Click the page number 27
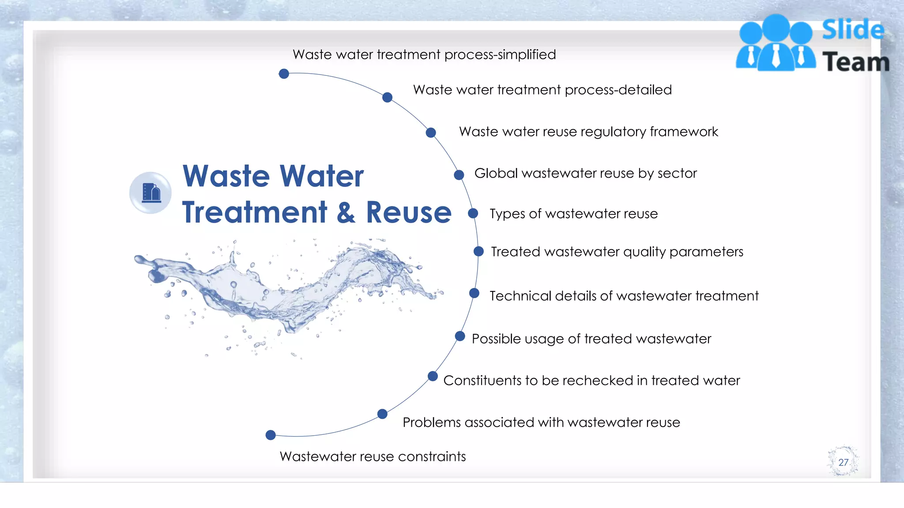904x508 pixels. tap(843, 462)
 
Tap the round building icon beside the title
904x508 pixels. tap(151, 193)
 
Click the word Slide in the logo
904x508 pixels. tap(853, 30)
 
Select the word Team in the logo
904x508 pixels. tap(856, 62)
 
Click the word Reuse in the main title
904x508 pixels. tap(409, 213)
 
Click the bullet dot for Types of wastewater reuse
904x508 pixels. tap(473, 213)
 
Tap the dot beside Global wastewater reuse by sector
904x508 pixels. tap(459, 175)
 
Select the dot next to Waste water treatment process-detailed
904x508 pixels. tap(387, 97)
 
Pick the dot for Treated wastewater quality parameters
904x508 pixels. tap(478, 251)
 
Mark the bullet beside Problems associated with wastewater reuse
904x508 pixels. tap(382, 414)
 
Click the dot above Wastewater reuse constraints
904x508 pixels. tap(271, 435)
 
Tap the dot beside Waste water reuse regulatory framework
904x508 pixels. tap(431, 133)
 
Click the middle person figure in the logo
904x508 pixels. tap(776, 44)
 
